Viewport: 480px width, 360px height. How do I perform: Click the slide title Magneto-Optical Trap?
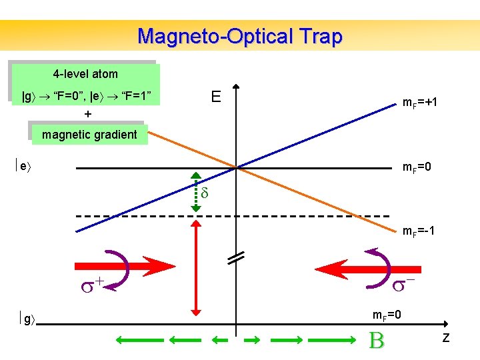(239, 36)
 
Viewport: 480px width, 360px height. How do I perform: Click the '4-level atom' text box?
(85, 74)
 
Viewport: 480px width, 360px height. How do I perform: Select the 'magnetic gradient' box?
(89, 135)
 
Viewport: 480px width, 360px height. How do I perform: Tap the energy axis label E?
(216, 97)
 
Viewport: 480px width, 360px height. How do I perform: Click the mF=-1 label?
(419, 231)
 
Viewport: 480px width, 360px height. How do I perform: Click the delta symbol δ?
(205, 194)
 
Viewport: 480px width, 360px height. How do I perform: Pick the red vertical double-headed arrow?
(195, 267)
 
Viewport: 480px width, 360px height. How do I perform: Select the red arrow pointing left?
(350, 269)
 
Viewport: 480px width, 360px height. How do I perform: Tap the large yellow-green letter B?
(377, 341)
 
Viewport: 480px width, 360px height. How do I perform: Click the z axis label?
(445, 339)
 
